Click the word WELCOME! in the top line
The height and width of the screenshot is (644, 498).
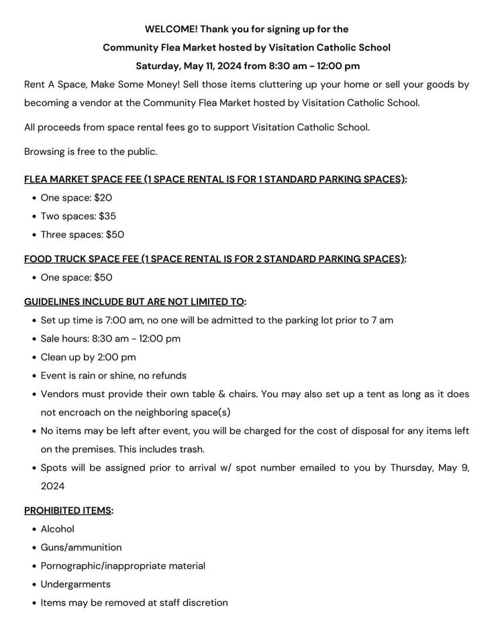[170, 29]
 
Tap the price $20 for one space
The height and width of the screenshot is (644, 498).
[103, 198]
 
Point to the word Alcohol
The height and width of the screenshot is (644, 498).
[58, 529]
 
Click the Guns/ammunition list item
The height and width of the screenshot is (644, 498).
[81, 547]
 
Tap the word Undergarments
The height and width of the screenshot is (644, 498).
[75, 584]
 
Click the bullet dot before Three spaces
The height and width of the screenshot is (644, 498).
[33, 235]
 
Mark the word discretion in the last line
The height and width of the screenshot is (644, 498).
[203, 603]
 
